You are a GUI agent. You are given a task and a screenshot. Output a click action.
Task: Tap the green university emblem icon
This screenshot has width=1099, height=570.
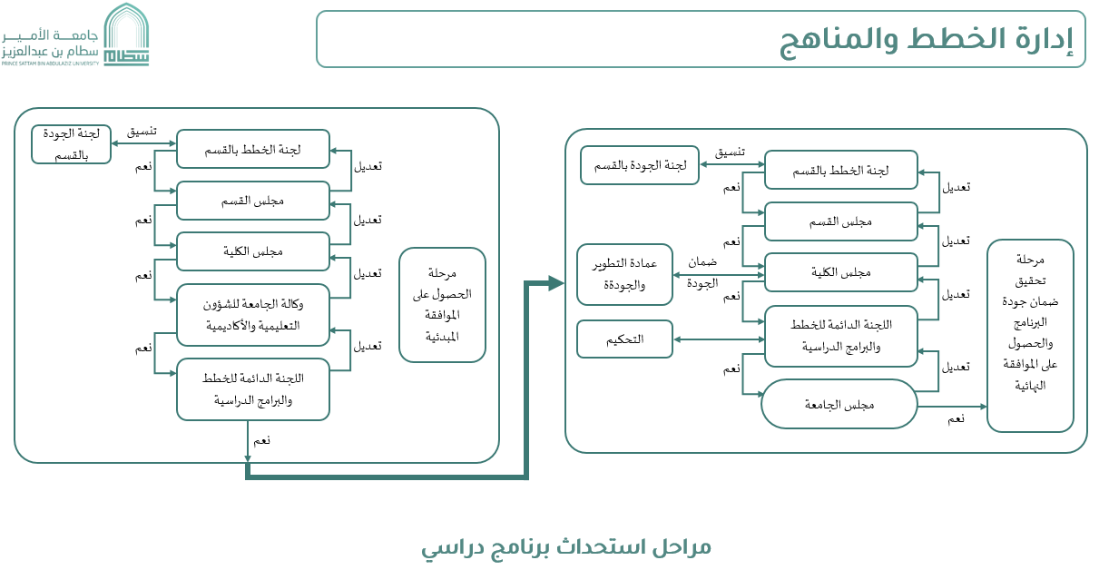tap(125, 34)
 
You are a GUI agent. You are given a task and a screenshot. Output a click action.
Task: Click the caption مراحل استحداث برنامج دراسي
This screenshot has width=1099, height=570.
tap(566, 546)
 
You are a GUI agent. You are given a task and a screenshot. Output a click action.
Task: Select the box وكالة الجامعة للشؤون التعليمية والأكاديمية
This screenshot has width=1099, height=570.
tap(252, 315)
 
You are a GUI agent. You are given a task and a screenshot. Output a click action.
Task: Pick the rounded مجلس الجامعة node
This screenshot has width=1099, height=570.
tap(839, 404)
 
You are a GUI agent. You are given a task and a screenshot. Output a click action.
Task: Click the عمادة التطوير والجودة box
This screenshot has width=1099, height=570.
tap(624, 274)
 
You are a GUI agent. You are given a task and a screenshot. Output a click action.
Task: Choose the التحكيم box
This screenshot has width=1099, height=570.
tap(624, 339)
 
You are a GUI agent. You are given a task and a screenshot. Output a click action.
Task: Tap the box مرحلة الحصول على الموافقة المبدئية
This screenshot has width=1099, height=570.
tap(442, 304)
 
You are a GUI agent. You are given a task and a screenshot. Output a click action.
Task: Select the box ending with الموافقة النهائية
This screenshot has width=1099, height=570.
tap(1030, 335)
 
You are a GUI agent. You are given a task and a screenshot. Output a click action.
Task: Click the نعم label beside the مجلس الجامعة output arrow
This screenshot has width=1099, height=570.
tap(956, 419)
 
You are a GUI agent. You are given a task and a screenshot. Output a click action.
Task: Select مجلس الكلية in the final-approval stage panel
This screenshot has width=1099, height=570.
tap(840, 272)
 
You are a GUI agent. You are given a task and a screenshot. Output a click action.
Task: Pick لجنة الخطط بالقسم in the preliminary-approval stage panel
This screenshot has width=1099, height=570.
tap(252, 149)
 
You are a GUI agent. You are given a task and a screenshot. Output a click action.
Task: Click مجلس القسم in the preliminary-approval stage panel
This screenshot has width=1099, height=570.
tap(252, 201)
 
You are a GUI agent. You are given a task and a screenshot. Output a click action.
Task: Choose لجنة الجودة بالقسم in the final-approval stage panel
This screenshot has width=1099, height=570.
tap(640, 165)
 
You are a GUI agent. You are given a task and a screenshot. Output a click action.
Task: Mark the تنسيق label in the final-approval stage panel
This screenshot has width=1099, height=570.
tap(731, 152)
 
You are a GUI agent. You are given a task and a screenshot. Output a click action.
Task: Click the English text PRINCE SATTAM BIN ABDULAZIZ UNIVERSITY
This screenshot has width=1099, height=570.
tap(50, 64)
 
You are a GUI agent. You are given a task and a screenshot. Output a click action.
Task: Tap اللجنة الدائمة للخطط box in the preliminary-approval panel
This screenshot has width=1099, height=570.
tap(252, 388)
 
